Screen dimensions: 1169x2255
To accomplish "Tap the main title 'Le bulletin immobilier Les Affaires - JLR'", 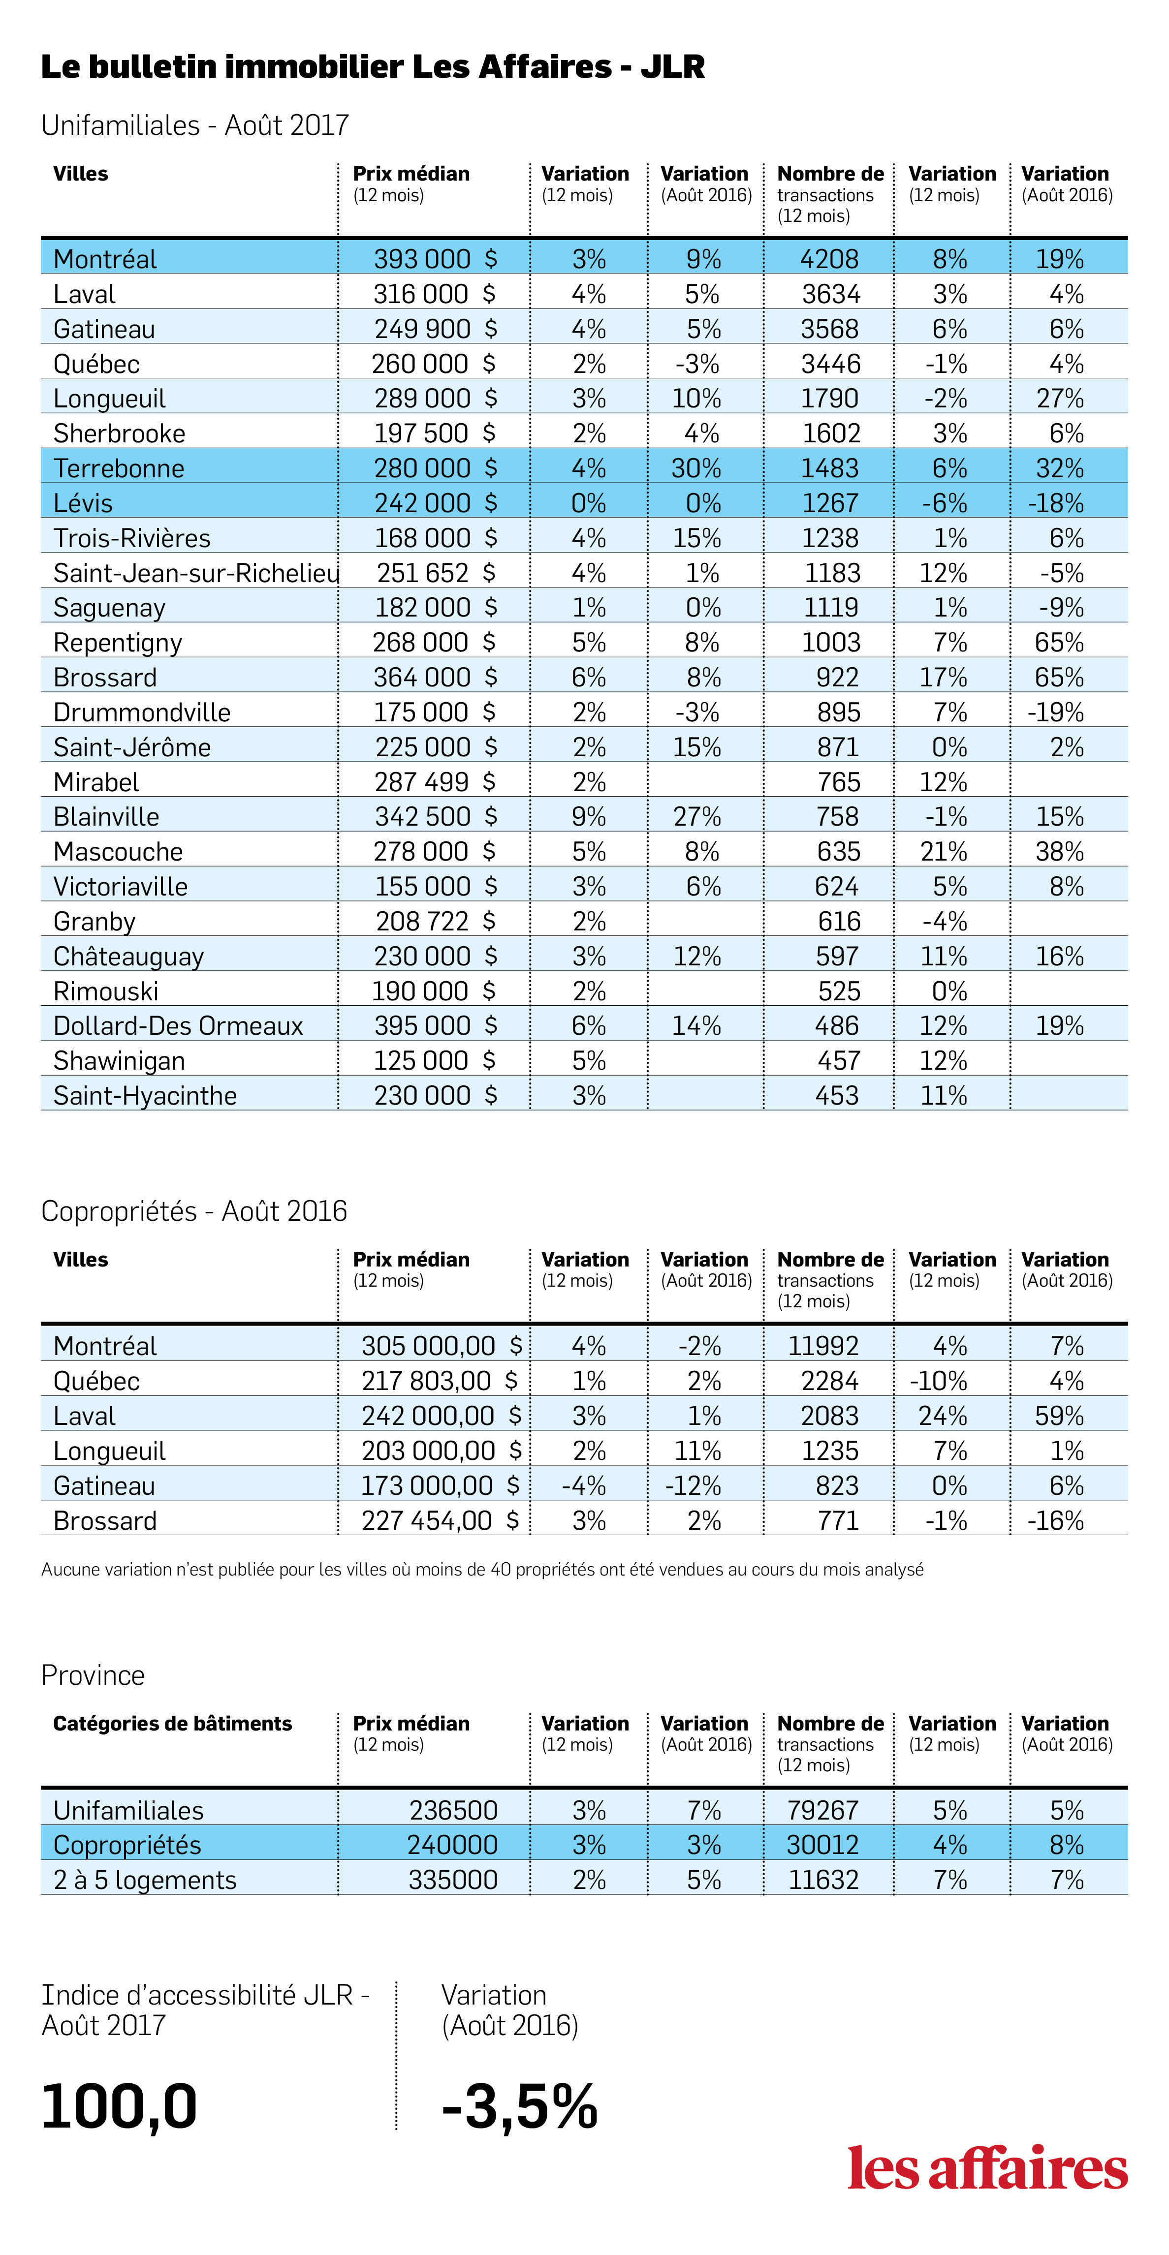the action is click(x=373, y=66).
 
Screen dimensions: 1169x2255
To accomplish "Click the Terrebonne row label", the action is click(x=119, y=468).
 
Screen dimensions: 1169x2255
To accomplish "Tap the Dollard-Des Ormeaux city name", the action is click(x=178, y=1026).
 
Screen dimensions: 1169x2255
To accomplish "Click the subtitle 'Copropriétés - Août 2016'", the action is click(x=194, y=1211).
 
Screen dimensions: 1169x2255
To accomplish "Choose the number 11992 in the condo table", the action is click(x=823, y=1345).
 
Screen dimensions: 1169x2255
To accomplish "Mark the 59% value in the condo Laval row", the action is click(x=1060, y=1416).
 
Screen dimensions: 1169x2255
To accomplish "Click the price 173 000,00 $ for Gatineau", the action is click(x=441, y=1485).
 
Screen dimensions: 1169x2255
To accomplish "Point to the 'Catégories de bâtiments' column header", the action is click(x=172, y=1724).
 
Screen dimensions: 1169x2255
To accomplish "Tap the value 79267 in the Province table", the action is click(x=823, y=1810).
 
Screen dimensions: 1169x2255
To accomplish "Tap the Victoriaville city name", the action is click(x=121, y=887).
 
